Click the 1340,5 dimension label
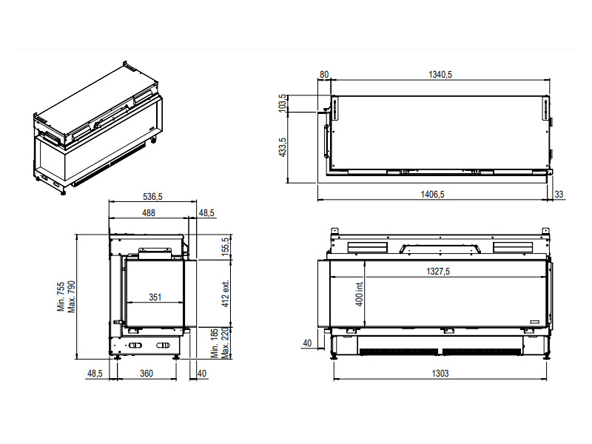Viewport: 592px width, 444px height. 440,75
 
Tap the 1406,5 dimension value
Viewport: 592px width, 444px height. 432,195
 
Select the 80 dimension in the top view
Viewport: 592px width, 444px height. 324,75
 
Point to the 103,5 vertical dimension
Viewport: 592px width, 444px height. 282,103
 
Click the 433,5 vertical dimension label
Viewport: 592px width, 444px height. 282,147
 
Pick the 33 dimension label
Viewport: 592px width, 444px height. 559,195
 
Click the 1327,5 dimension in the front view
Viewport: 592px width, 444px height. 438,271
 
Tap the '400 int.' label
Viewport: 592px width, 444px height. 359,294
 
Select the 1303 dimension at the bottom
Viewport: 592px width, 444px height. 440,374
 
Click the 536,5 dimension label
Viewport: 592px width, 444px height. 152,197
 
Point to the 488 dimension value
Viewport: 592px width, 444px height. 149,213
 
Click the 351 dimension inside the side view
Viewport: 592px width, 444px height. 155,297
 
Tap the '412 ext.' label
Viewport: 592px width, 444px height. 226,294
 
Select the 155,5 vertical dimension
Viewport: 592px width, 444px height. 226,247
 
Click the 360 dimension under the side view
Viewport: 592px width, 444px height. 147,374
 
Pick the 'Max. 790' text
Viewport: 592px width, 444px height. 71,297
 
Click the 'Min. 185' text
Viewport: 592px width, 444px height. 215,343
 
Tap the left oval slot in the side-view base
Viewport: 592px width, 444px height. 135,345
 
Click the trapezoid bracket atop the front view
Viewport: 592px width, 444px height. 440,249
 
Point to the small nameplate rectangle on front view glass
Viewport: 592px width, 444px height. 535,322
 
